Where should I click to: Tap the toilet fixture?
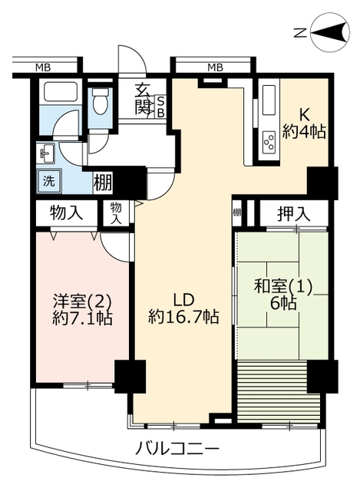101,101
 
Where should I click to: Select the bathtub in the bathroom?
61,92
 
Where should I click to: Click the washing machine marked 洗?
48,181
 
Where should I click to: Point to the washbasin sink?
46,153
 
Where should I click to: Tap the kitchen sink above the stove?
269,100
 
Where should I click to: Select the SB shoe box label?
160,107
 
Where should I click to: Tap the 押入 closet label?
293,214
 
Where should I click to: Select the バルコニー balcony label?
177,449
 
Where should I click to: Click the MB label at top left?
43,68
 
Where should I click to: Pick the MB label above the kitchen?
215,68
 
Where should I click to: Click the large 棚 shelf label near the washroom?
103,183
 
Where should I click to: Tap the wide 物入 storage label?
67,214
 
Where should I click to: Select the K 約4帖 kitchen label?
304,124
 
